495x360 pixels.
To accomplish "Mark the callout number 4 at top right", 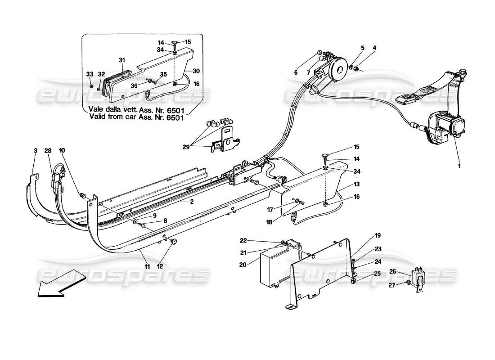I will [x=373, y=47].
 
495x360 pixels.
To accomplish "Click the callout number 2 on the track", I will [x=191, y=202].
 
